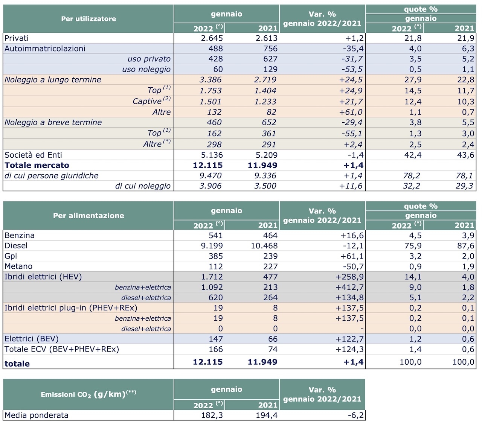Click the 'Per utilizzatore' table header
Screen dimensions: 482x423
pyautogui.click(x=88, y=19)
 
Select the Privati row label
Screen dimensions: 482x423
pyautogui.click(x=17, y=38)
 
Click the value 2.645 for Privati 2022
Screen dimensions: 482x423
pyautogui.click(x=212, y=38)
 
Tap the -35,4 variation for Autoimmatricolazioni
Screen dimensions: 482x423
pyautogui.click(x=353, y=49)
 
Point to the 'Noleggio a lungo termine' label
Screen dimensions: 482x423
pyautogui.click(x=53, y=79)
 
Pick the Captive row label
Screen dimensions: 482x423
pyautogui.click(x=151, y=101)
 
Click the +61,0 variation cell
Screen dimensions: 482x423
pyautogui.click(x=351, y=112)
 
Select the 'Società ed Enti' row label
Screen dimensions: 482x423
pyautogui.click(x=33, y=155)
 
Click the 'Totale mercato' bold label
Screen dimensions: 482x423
pyautogui.click(x=37, y=165)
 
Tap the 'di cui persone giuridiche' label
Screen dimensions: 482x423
pyautogui.click(x=51, y=175)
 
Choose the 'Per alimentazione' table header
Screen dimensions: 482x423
pyautogui.click(x=88, y=215)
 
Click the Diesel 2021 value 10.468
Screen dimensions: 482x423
pyautogui.click(x=264, y=246)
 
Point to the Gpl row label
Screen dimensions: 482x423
pyautogui.click(x=11, y=256)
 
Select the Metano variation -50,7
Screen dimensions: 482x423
pyautogui.click(x=353, y=266)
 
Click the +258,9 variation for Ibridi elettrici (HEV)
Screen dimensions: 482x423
pyautogui.click(x=349, y=277)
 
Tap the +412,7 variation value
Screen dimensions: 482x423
pyautogui.click(x=349, y=287)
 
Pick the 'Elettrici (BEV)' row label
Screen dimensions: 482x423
pyautogui.click(x=31, y=339)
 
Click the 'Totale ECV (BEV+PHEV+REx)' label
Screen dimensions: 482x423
pyautogui.click(x=62, y=349)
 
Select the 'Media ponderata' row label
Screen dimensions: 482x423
pyautogui.click(x=37, y=415)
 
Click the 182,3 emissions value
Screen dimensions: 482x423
pyautogui.click(x=212, y=415)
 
